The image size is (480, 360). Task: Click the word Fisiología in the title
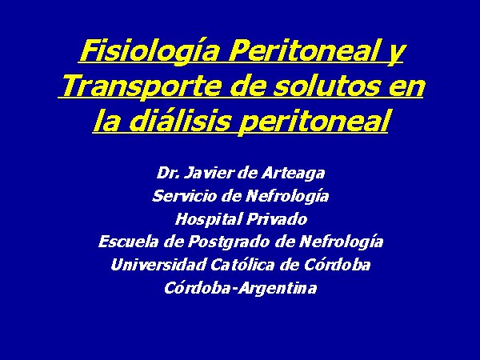[x=150, y=52]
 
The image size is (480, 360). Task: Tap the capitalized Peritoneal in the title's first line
[x=302, y=50]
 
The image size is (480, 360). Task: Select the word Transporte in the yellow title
[x=141, y=86]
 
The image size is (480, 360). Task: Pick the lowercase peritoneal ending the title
[x=314, y=122]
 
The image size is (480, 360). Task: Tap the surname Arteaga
[x=294, y=174]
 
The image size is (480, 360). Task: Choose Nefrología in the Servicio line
[x=287, y=197]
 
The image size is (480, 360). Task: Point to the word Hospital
[x=208, y=220]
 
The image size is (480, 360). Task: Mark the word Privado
[x=277, y=219]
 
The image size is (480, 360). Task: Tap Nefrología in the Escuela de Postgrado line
[x=341, y=242]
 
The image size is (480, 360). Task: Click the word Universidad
[x=158, y=265]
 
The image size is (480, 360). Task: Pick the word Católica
[x=242, y=265]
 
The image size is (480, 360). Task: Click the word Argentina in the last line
[x=278, y=289]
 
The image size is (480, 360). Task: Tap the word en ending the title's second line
[x=407, y=87]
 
